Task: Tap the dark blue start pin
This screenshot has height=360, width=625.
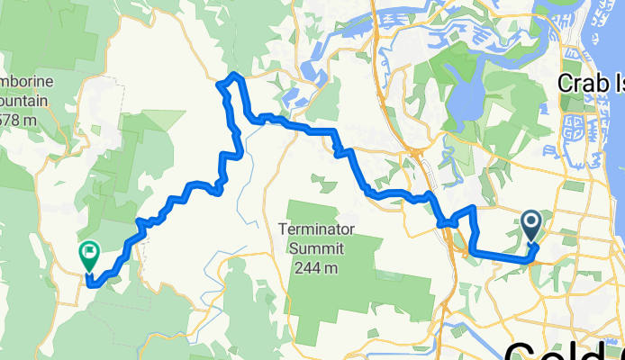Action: click(531, 226)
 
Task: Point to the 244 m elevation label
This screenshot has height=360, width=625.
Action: click(319, 267)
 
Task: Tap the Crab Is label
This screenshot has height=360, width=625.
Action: click(590, 83)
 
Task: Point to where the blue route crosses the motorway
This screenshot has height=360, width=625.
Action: click(443, 222)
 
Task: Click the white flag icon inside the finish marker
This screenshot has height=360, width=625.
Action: click(89, 251)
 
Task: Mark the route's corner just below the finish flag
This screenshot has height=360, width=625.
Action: click(88, 283)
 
